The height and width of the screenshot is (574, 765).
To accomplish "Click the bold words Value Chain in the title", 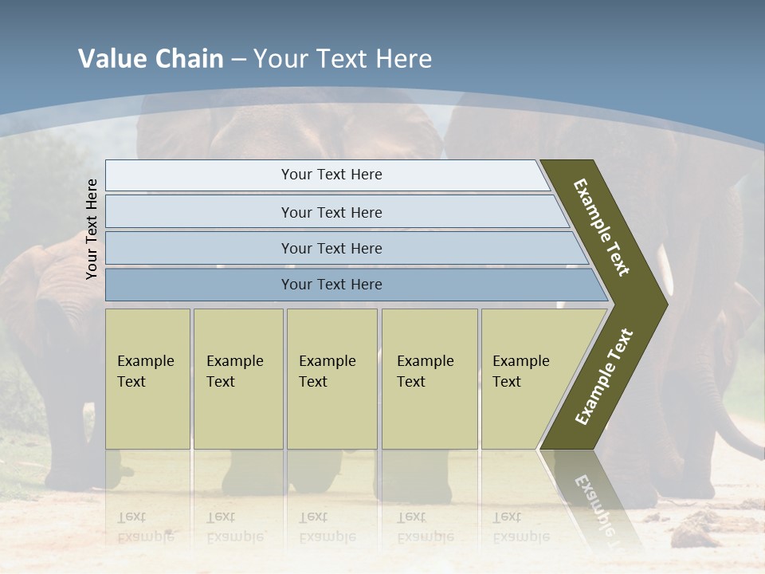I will tap(151, 59).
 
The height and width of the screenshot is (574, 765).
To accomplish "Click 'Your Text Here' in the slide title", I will tap(343, 59).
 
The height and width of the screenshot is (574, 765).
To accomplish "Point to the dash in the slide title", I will tap(238, 60).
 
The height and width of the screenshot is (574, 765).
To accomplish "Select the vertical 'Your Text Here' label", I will tap(92, 229).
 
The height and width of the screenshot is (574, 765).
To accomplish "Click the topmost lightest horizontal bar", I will tap(331, 175).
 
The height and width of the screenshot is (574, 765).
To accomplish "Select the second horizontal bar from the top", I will tap(331, 212).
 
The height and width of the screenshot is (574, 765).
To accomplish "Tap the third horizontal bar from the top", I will tap(331, 248).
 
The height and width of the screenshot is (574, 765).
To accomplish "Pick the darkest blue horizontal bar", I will tap(331, 285).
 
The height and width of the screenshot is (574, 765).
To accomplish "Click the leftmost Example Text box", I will tap(147, 378).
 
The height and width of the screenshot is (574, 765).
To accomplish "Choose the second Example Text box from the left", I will tap(238, 378).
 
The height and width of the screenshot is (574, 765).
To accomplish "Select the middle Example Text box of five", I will tap(331, 378).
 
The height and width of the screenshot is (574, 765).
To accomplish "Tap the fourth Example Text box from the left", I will tap(430, 378).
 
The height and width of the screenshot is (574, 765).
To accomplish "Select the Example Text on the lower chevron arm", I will tap(604, 377).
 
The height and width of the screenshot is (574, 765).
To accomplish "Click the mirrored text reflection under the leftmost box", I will tap(145, 527).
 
